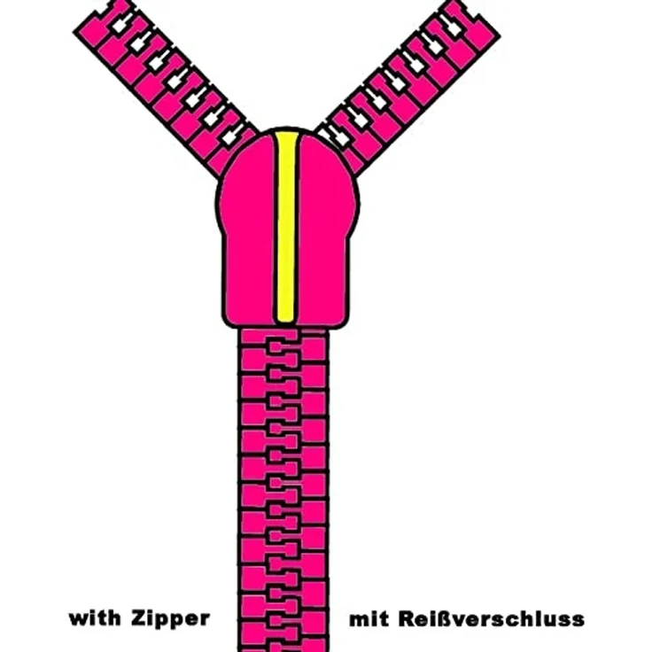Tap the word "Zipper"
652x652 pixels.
170,619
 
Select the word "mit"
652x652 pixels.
369,618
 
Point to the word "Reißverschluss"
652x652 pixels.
492,618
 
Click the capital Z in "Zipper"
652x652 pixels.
138,618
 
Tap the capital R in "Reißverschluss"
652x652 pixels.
406,618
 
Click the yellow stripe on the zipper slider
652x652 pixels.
285,227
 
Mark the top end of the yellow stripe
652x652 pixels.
286,132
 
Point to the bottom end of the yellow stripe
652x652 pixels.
285,320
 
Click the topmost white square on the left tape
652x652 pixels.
120,26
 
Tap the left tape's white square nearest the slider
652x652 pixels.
229,136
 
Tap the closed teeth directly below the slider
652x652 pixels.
283,345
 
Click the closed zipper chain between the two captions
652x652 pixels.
283,618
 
